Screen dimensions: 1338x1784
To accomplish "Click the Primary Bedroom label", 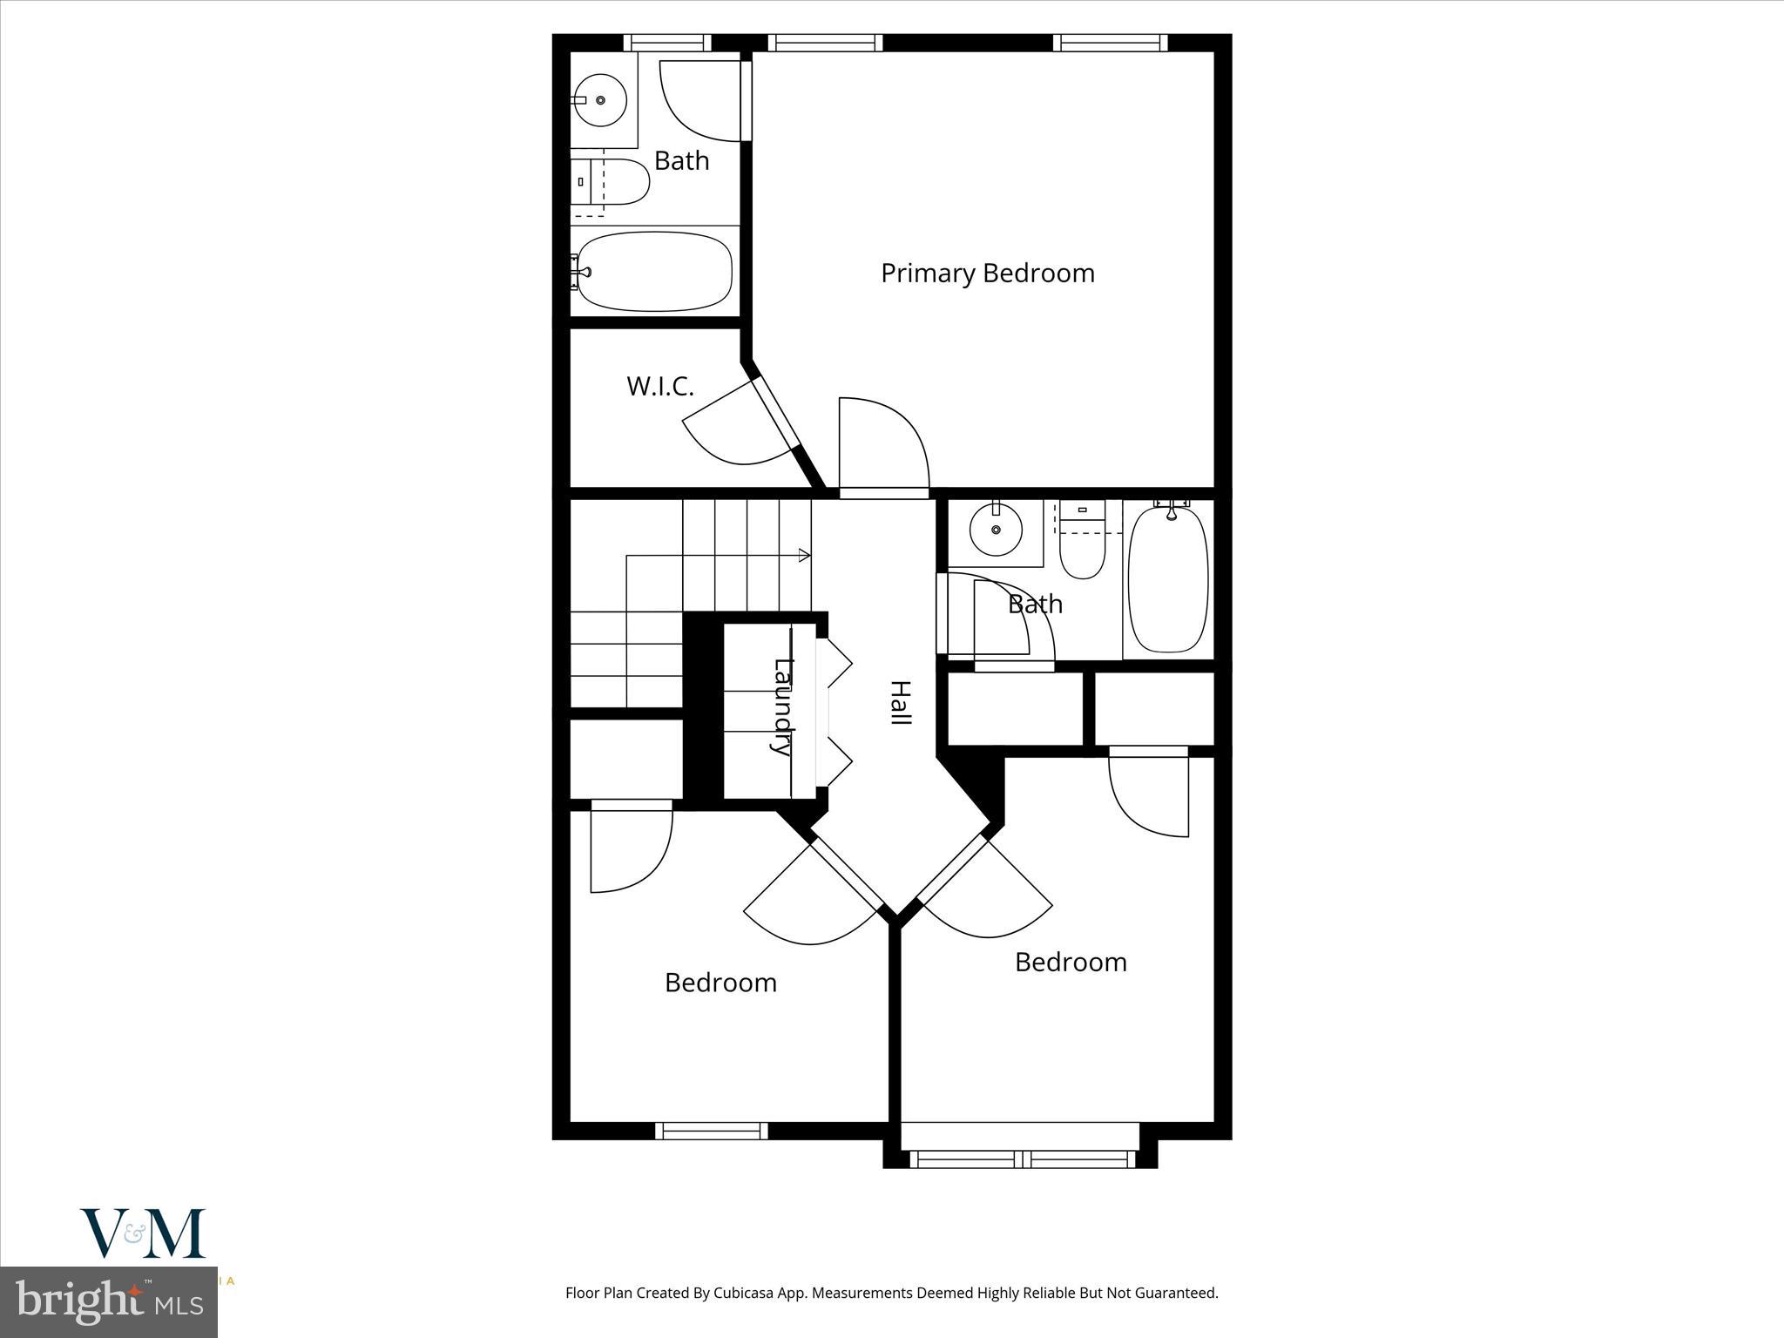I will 987,274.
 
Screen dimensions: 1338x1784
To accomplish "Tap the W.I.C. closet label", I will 659,387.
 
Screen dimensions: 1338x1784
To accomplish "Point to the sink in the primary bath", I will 601,100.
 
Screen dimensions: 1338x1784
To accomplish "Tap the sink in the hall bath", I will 995,529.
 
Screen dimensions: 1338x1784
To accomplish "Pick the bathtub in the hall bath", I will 1168,578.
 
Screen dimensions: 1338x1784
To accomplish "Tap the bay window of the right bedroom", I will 1020,1159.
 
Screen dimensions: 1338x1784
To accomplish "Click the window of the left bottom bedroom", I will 712,1131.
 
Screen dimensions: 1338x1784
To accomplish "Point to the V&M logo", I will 143,1234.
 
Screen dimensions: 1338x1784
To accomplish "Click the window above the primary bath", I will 668,43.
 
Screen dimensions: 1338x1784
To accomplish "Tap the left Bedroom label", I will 720,983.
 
